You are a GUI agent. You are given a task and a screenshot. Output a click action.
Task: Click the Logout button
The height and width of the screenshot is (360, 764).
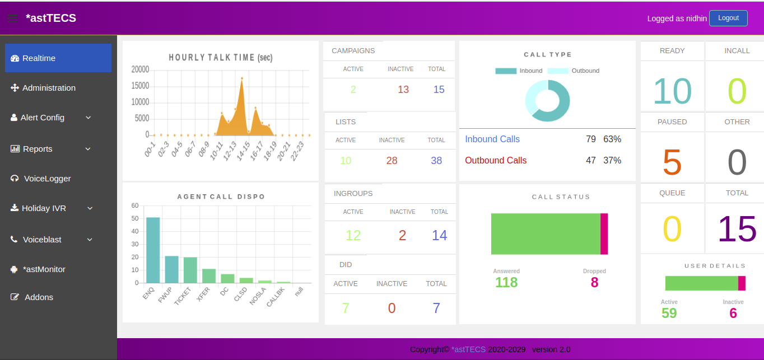728,18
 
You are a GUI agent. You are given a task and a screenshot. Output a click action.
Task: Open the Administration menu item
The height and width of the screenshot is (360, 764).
49,88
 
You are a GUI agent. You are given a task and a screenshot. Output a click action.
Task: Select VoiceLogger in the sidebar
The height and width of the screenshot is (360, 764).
47,179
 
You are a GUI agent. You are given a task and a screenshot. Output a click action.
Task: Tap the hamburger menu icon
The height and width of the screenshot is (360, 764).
12,18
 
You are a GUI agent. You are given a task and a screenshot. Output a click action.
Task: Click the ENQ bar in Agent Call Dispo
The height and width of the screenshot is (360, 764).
153,250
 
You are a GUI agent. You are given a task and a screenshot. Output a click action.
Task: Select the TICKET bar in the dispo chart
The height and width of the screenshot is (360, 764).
190,270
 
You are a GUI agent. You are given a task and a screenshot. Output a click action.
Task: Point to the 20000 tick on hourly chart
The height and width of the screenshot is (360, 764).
140,69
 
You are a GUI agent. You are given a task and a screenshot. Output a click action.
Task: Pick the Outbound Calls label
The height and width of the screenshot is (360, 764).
496,161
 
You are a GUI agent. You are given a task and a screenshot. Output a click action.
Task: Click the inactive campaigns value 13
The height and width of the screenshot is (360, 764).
403,90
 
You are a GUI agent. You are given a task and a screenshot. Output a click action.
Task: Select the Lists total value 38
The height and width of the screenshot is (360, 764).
436,161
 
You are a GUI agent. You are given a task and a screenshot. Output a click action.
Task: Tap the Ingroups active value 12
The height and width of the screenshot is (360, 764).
353,235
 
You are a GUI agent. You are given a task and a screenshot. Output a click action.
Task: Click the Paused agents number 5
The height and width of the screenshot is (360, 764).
672,162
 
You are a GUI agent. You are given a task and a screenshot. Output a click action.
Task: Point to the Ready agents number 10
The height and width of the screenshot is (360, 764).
672,91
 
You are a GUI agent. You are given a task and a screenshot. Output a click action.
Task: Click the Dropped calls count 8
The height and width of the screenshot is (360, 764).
594,283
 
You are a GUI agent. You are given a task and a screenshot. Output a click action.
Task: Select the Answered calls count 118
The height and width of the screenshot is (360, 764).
506,283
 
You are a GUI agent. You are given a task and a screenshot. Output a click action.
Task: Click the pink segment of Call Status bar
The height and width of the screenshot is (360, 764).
604,234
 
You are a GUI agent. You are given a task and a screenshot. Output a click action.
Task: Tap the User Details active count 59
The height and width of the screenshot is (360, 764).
669,313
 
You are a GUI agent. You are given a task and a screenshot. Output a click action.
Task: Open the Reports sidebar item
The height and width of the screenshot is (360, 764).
38,149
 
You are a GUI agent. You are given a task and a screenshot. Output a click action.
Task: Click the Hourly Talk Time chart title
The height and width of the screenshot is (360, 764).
221,58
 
